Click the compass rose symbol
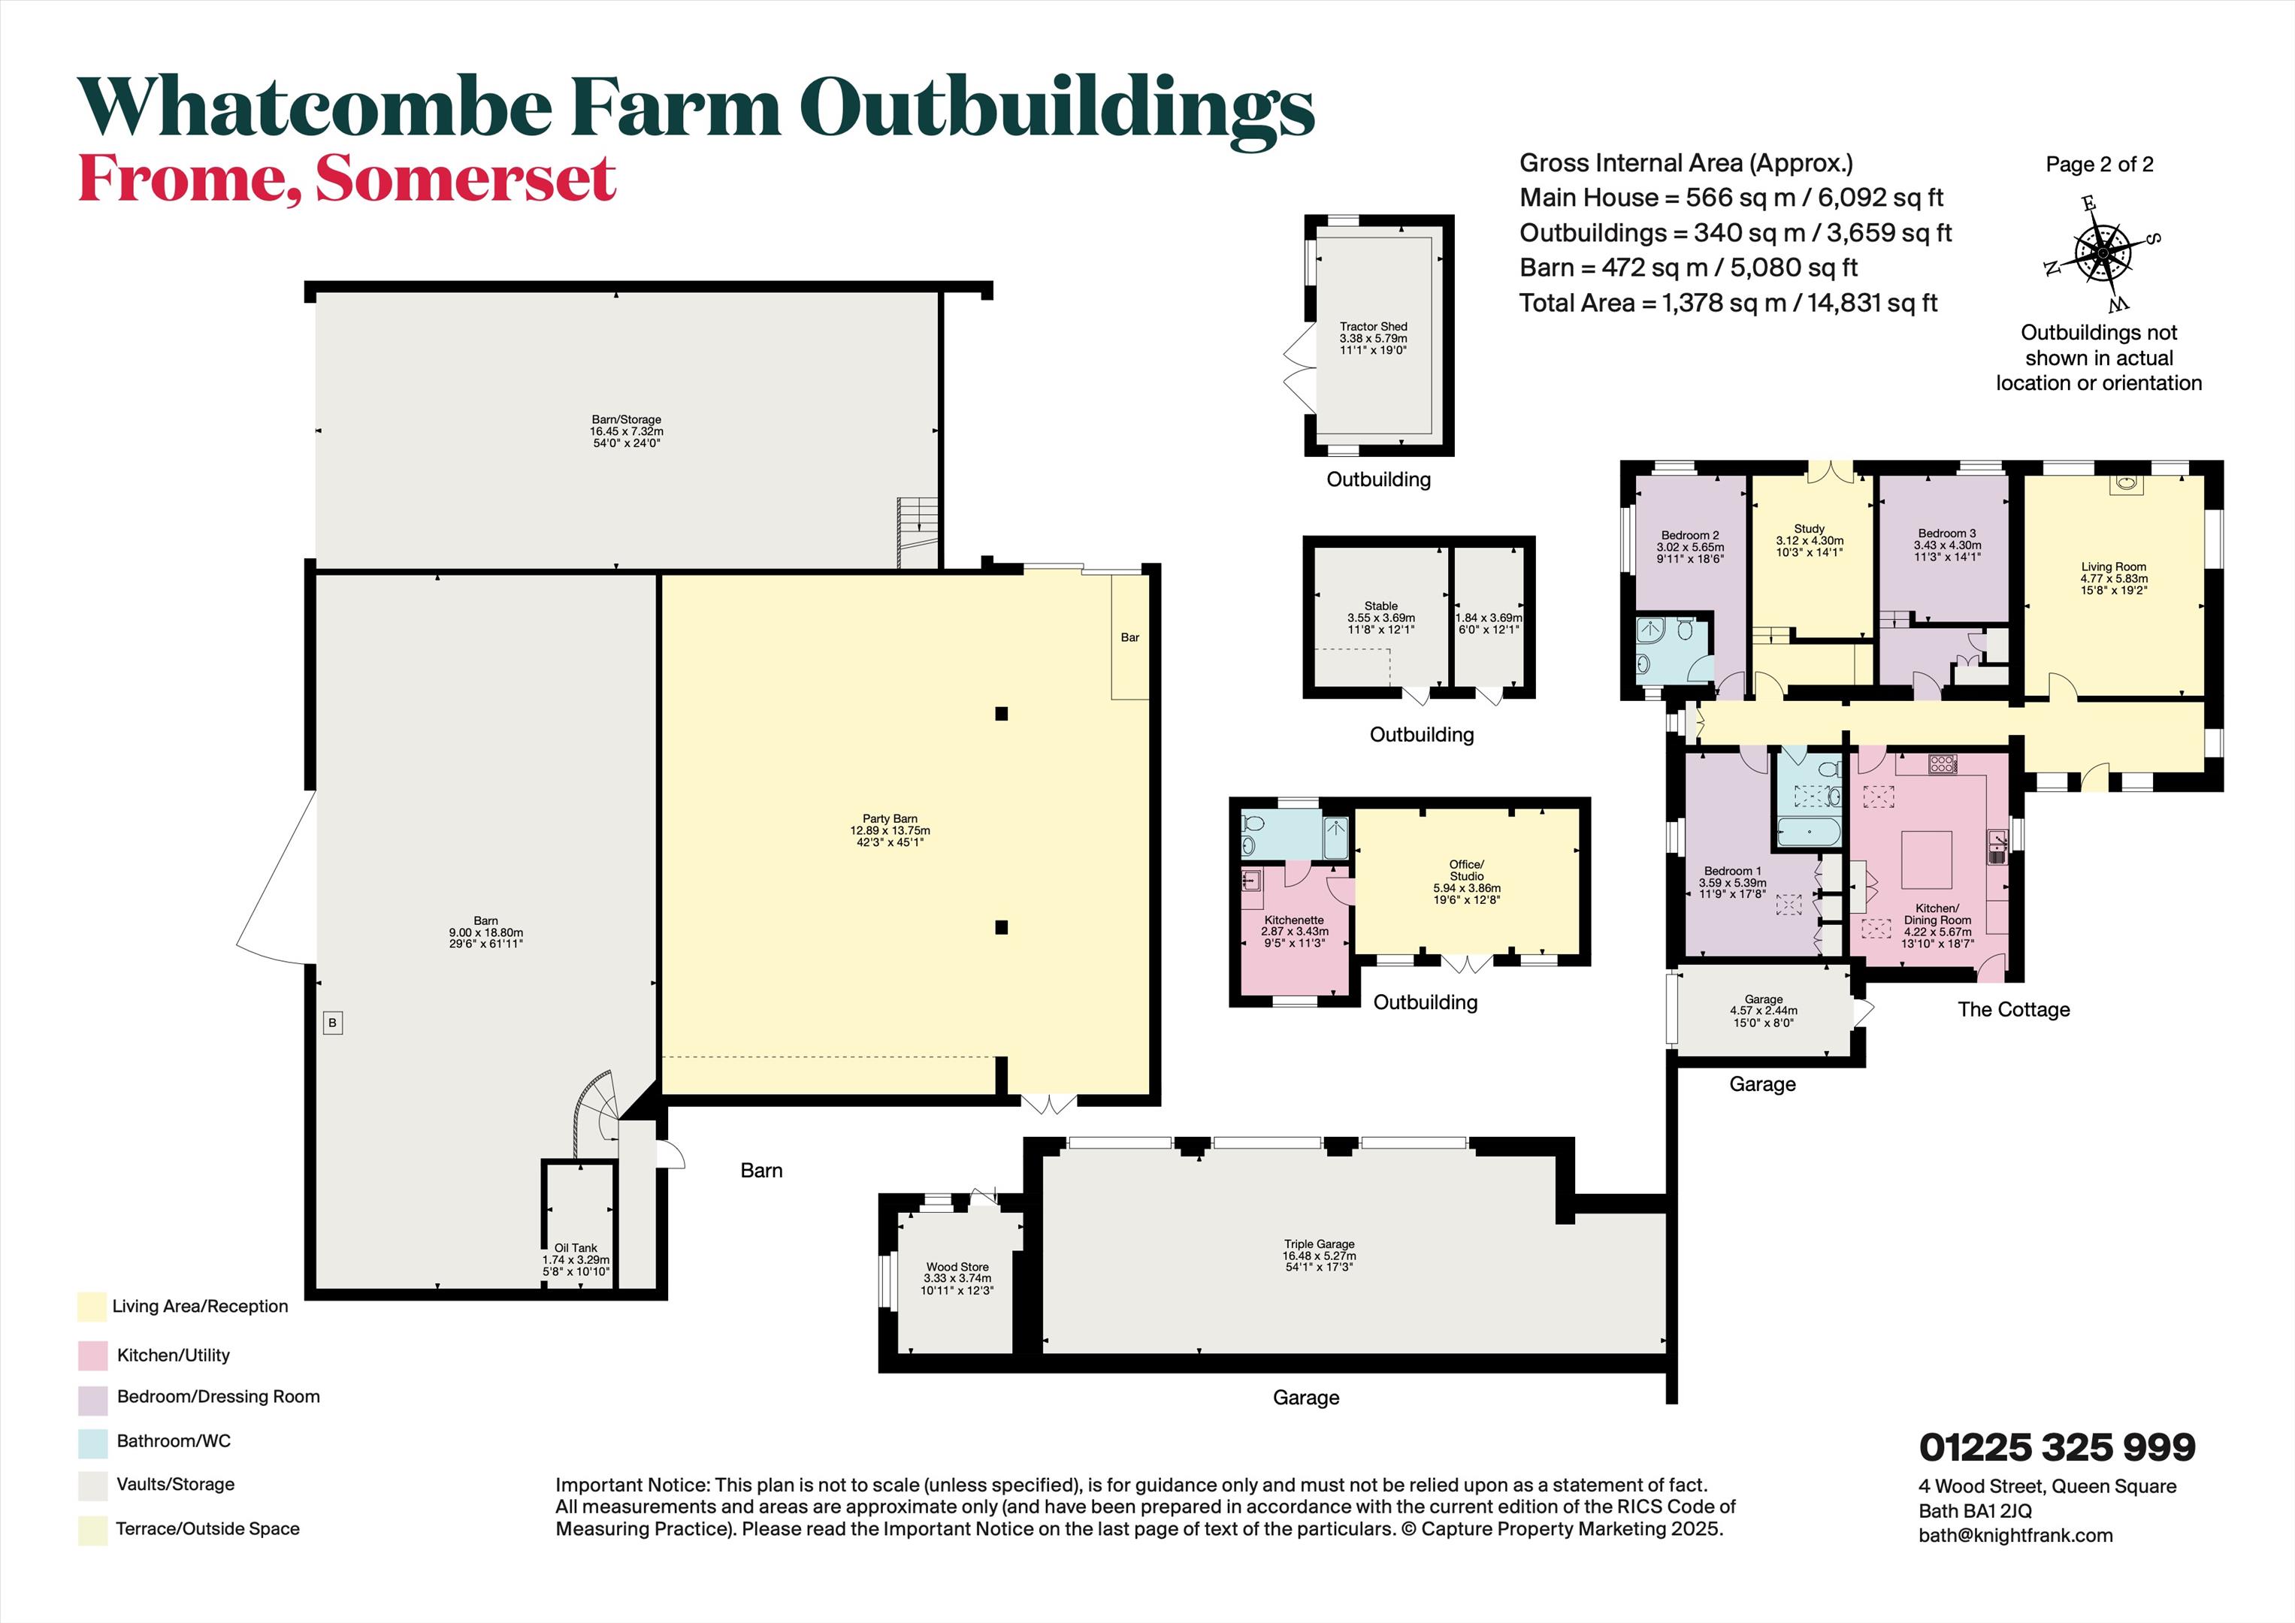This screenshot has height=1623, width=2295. [x=2102, y=253]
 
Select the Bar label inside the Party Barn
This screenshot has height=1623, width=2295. [x=1129, y=636]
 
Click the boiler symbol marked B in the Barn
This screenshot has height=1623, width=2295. [x=333, y=1023]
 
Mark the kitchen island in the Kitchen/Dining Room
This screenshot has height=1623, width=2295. [x=1926, y=860]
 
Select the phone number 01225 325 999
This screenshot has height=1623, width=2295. [x=2057, y=1447]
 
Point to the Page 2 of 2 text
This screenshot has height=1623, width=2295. [x=2099, y=165]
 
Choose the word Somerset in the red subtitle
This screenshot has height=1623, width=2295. [x=466, y=178]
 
